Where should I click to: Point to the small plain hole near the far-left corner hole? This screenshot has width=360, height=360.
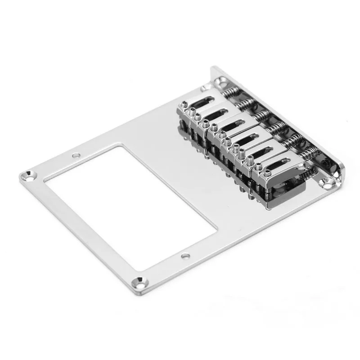tap(76, 156)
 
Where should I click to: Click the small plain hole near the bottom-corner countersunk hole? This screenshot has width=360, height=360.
tap(185, 256)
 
